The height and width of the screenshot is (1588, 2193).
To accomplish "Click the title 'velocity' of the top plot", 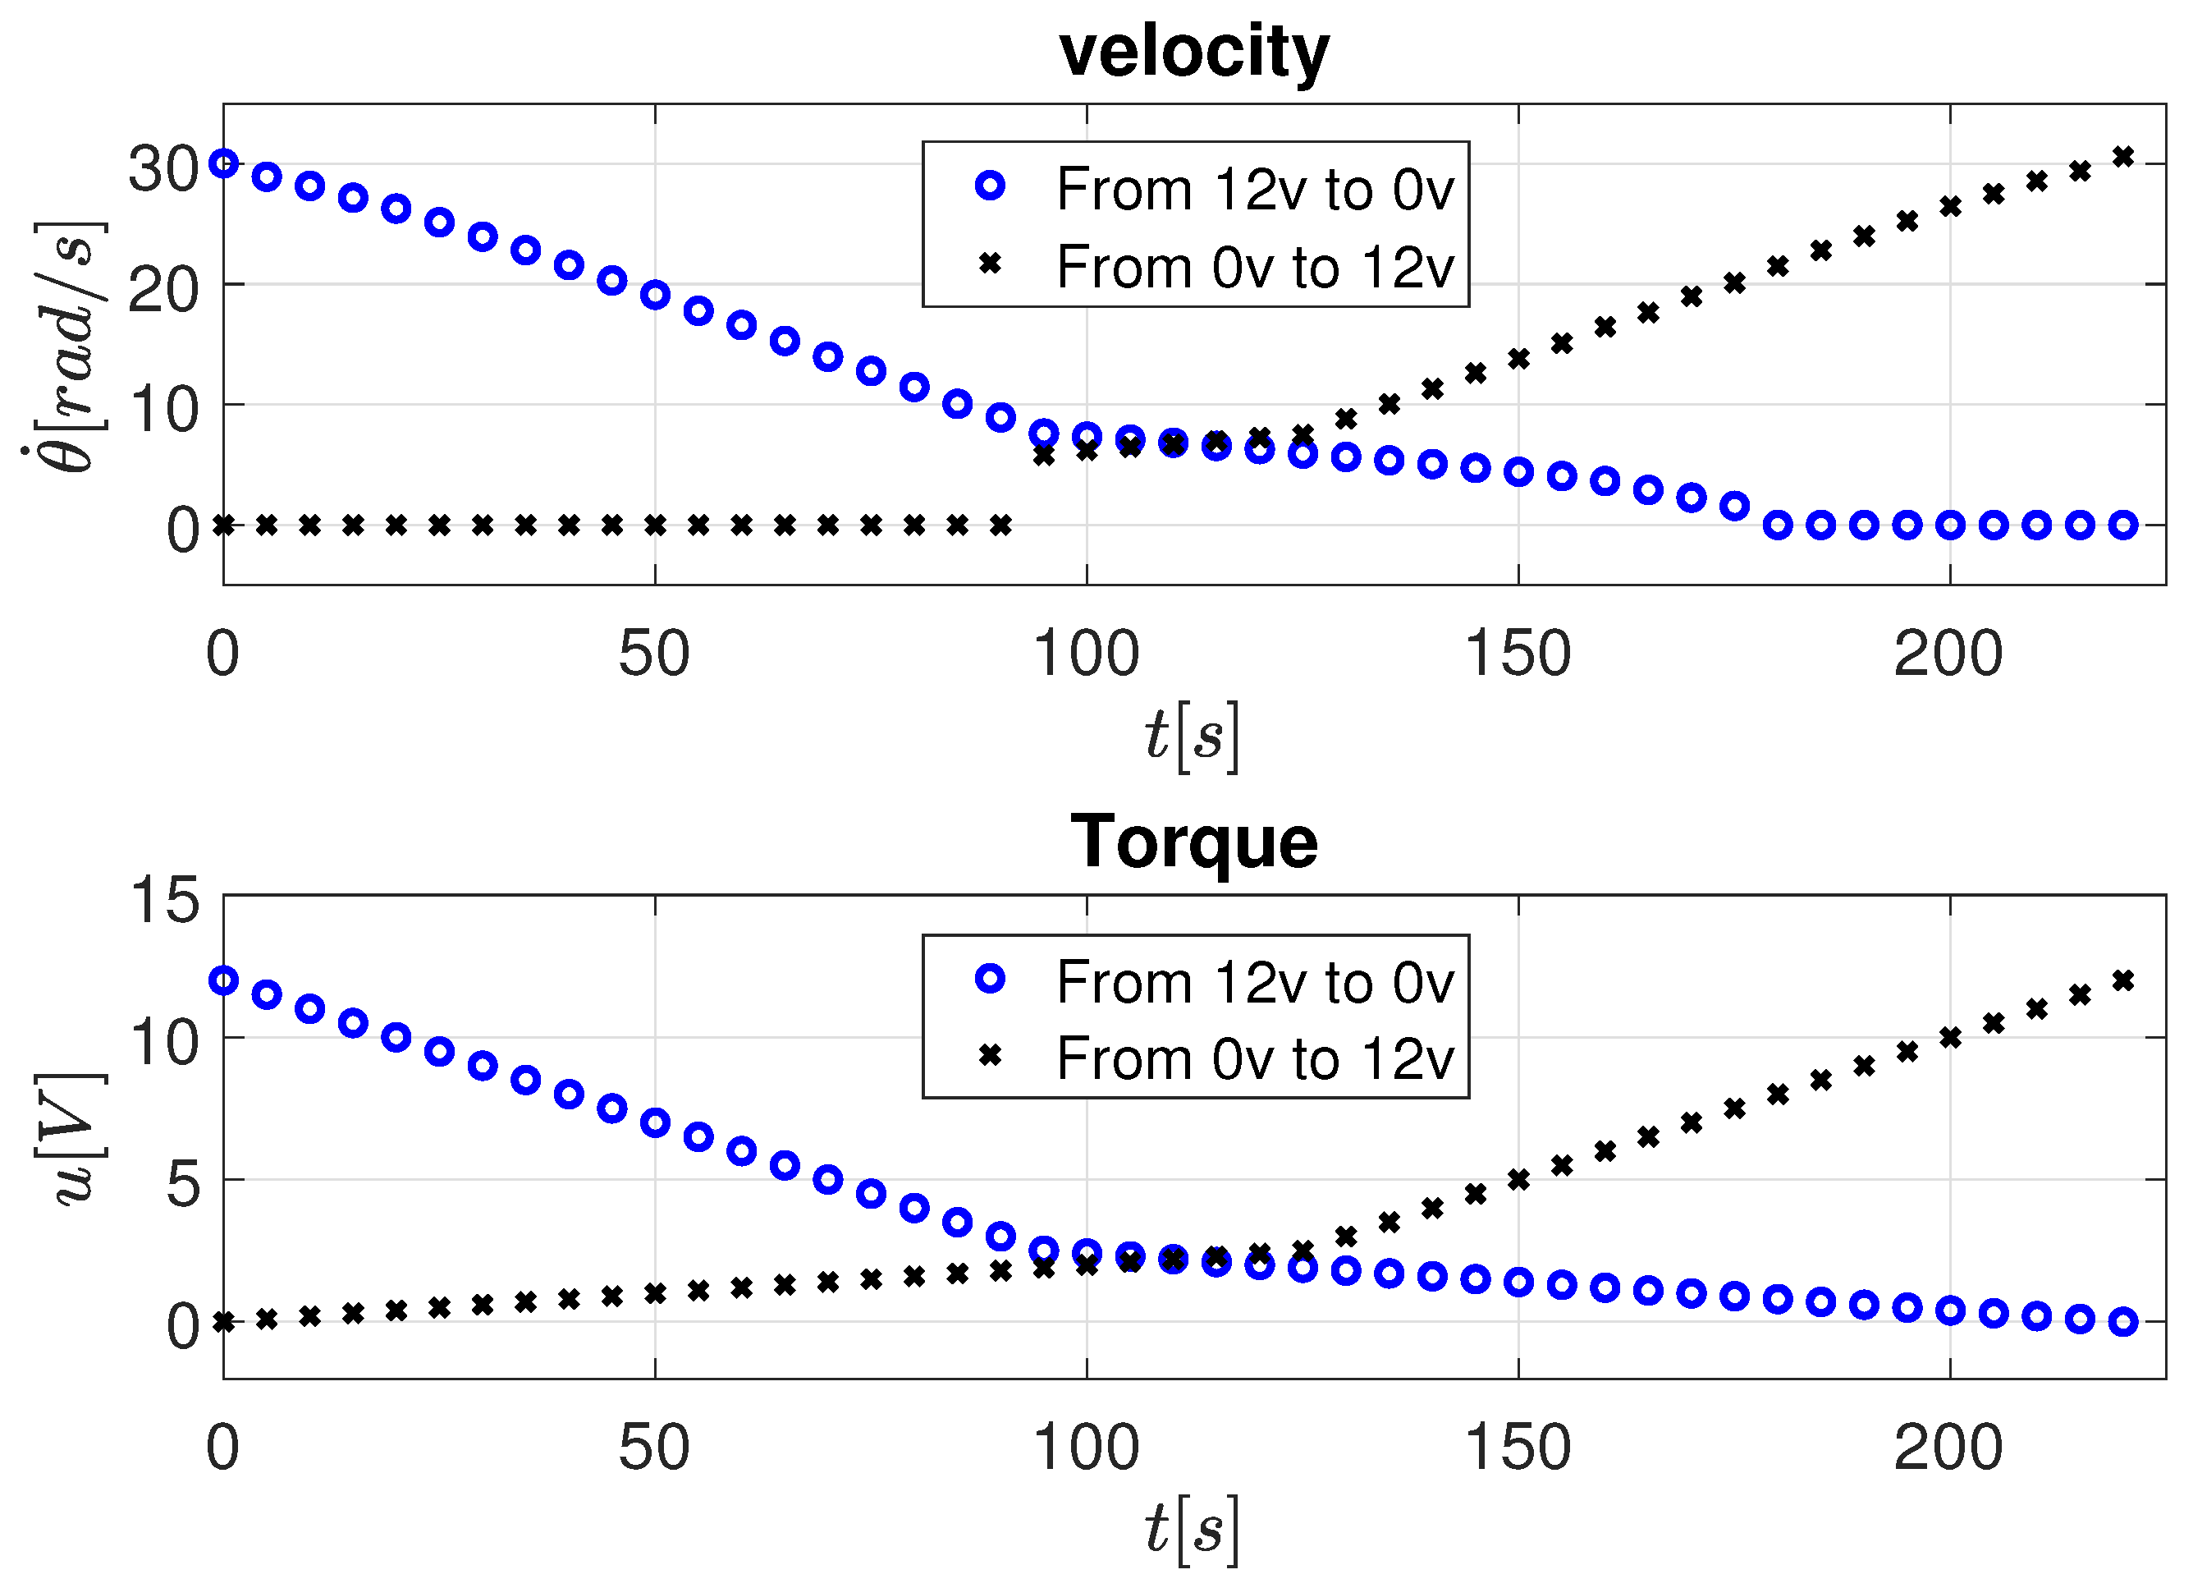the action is tap(1194, 53).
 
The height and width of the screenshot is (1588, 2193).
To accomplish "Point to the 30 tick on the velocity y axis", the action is tap(163, 168).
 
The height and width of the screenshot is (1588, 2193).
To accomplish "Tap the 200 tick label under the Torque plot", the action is tap(1948, 1447).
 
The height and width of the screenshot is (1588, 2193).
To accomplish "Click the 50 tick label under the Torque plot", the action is tap(655, 1447).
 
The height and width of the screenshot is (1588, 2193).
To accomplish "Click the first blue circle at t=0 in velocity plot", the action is tap(223, 163).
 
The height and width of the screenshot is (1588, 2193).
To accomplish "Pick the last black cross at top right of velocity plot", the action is tap(2123, 157).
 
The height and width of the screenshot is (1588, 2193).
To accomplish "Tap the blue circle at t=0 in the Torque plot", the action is tap(223, 980).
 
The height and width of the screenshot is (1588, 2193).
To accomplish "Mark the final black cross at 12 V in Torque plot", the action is tap(2123, 980).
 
